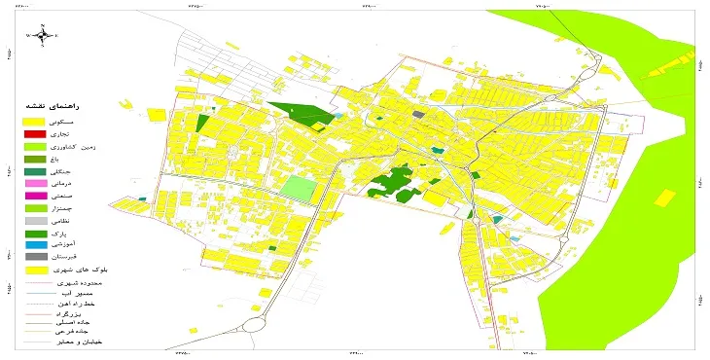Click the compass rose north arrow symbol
point(46,36)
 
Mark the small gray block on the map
point(418,115)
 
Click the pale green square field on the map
point(299,186)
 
